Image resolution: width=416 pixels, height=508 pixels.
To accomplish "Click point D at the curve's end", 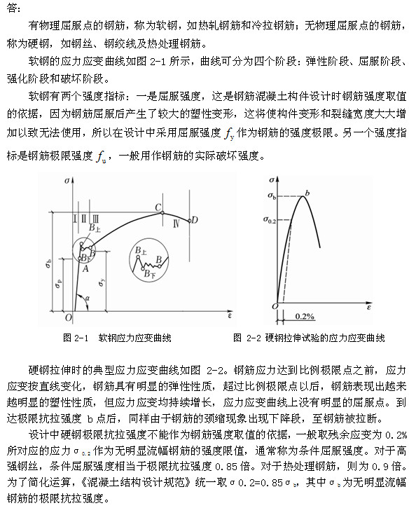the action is [195, 220].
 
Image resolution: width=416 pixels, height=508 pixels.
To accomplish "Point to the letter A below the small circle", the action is [85, 267].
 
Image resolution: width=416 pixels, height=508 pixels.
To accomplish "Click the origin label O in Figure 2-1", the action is [68, 317].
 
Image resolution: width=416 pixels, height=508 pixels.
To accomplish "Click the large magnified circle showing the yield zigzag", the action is [150, 261].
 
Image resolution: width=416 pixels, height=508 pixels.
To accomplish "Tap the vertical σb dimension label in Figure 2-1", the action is [48, 263].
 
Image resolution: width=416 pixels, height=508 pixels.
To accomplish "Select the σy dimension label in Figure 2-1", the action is [102, 282].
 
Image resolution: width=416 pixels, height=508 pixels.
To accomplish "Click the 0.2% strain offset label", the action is [305, 315].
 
